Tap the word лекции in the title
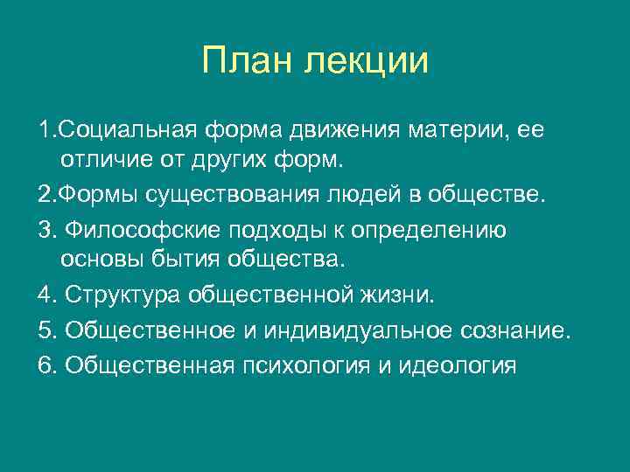tap(367, 62)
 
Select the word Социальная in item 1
tap(129, 131)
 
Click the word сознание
tap(513, 330)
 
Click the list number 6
tap(45, 364)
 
